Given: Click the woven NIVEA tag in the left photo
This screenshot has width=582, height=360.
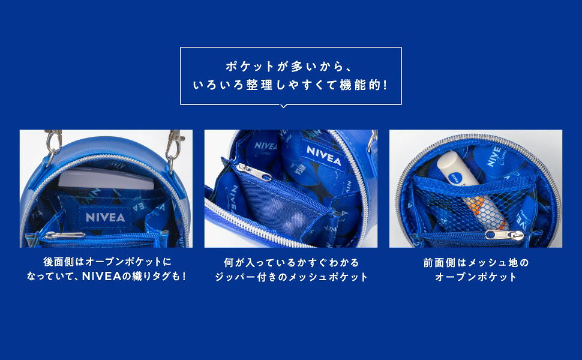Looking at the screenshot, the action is tap(105, 218).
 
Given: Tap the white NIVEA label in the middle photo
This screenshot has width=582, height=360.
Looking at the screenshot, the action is tap(323, 155).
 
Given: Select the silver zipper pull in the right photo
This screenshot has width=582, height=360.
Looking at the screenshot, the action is tap(505, 235).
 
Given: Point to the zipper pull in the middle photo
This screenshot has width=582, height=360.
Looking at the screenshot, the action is tap(254, 172).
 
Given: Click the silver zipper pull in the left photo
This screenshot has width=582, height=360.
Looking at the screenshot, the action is tap(65, 235).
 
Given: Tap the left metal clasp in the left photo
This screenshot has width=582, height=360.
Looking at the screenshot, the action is tap(53, 146).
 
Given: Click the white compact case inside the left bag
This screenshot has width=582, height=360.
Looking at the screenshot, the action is tap(107, 178).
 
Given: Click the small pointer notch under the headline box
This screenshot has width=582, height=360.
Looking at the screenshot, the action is tap(284, 106).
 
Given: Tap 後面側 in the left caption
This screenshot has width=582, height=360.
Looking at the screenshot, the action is tap(59, 262).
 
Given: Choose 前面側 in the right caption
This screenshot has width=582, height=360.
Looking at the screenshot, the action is tap(439, 263).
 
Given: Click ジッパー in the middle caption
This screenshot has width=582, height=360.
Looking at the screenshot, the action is tap(235, 277).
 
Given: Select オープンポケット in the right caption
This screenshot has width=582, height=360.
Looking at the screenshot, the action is tap(475, 277).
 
